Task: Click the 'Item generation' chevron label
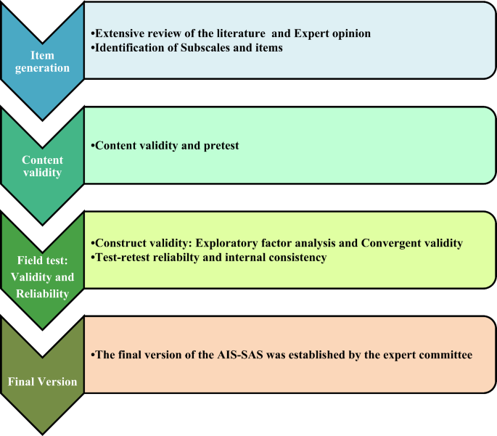[x=43, y=61]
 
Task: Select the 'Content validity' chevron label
[x=43, y=166]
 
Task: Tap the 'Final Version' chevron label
[x=43, y=382]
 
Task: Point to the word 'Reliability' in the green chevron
[x=43, y=294]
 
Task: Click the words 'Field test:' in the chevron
[x=43, y=260]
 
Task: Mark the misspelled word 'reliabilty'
[x=184, y=258]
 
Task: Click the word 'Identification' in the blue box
[x=129, y=47]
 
